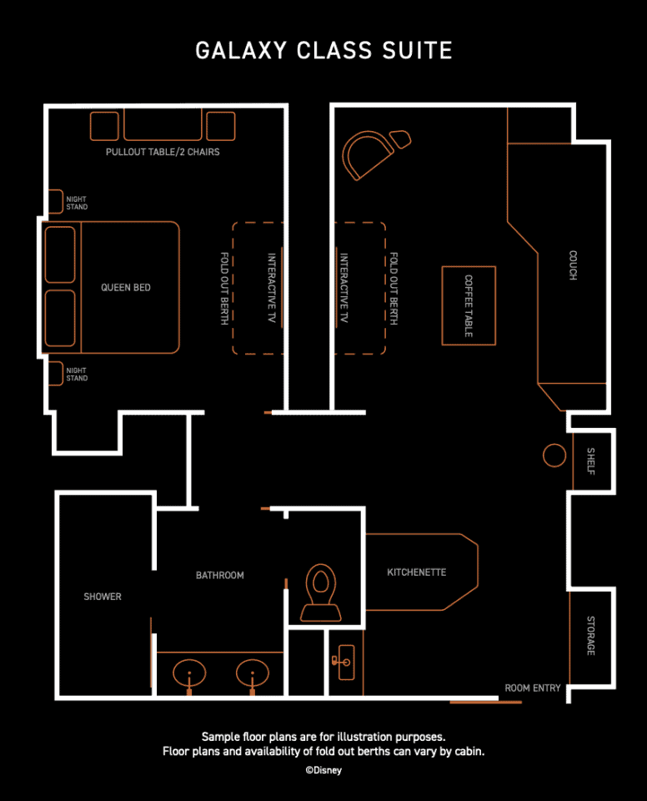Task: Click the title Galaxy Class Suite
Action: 323,51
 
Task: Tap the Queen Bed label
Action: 126,288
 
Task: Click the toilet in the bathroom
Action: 321,592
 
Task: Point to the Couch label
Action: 573,265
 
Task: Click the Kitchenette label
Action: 417,572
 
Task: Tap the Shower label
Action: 103,597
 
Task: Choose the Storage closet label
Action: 591,636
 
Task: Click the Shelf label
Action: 591,461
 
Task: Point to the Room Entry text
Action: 533,688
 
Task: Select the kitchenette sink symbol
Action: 344,662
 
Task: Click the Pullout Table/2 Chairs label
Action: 163,152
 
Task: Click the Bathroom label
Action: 220,575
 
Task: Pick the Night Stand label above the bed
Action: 77,203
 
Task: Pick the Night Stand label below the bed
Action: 77,374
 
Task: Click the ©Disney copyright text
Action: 323,770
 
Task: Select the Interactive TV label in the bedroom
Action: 272,288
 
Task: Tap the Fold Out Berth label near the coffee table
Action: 394,288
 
